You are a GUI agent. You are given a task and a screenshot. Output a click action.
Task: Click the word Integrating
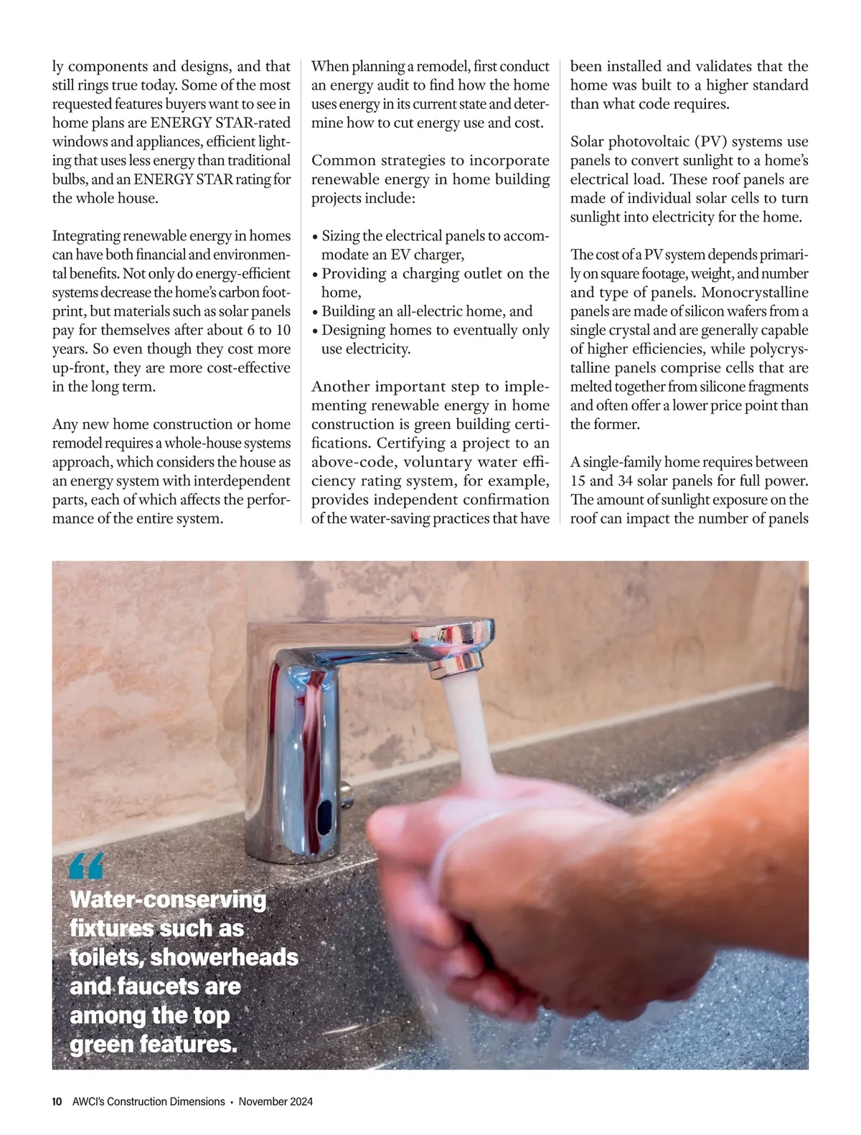85,236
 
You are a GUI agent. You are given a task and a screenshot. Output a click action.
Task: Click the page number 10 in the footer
57,1101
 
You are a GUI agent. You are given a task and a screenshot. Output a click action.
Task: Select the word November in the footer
260,1101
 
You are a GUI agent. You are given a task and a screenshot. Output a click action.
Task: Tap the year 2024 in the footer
299,1101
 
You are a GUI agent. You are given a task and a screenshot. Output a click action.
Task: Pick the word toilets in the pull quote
105,957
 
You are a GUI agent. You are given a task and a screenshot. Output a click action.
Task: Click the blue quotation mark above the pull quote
87,867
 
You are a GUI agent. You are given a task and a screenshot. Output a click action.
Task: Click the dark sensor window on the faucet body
325,815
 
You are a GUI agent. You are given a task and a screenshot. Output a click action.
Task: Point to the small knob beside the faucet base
347,791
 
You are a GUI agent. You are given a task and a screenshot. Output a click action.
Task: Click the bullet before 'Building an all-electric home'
315,312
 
